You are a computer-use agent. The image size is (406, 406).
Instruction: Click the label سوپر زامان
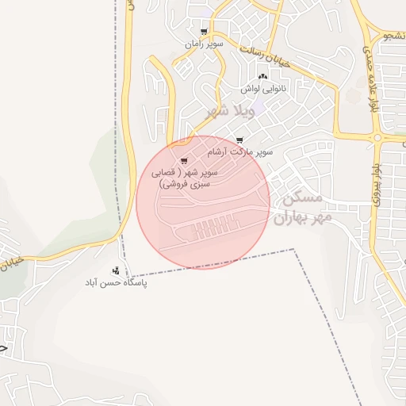205,44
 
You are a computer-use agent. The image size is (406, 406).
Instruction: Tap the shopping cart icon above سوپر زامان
205,33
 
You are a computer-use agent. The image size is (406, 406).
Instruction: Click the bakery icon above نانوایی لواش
262,76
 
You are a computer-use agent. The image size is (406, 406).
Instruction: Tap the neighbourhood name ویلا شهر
230,110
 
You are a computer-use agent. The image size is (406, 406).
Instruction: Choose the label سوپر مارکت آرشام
240,151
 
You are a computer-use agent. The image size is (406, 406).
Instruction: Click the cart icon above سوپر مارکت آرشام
239,140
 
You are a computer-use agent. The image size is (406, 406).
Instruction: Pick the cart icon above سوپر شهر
184,161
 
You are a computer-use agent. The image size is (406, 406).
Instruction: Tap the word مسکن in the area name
302,198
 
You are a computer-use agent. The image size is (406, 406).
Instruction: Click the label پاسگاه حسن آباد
117,282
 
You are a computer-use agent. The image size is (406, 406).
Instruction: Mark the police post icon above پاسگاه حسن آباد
116,270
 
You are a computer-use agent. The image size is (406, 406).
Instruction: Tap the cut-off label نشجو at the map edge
393,36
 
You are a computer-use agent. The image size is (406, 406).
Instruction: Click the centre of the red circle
203,202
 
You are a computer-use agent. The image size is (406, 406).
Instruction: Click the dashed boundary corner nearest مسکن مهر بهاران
295,250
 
